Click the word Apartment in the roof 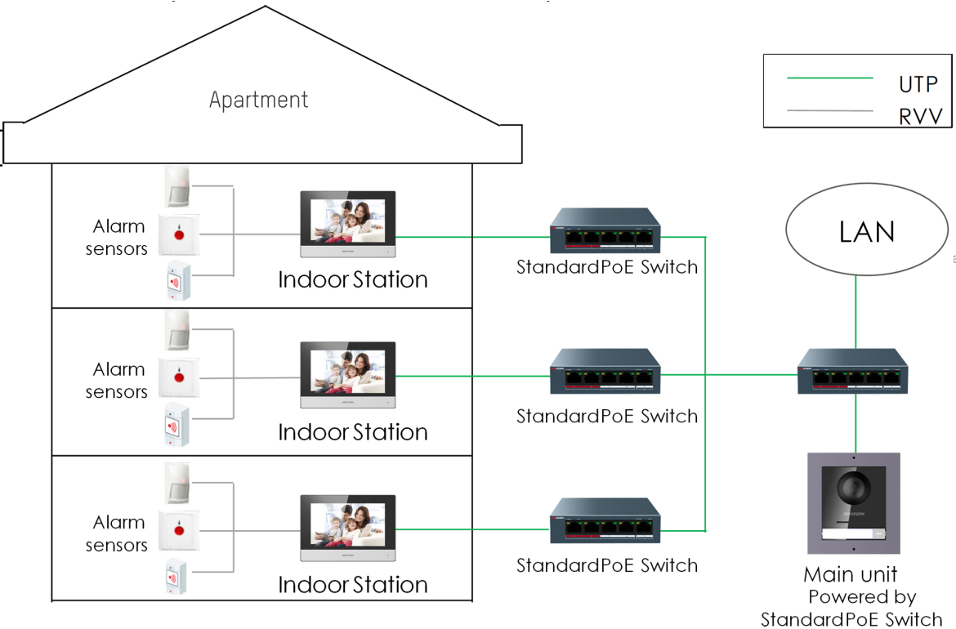259,100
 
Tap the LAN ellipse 867,232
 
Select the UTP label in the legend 918,84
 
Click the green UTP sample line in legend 829,78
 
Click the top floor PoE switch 605,231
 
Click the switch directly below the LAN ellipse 853,372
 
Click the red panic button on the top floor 179,235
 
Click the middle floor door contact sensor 176,426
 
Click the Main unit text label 851,574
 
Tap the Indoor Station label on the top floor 353,280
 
